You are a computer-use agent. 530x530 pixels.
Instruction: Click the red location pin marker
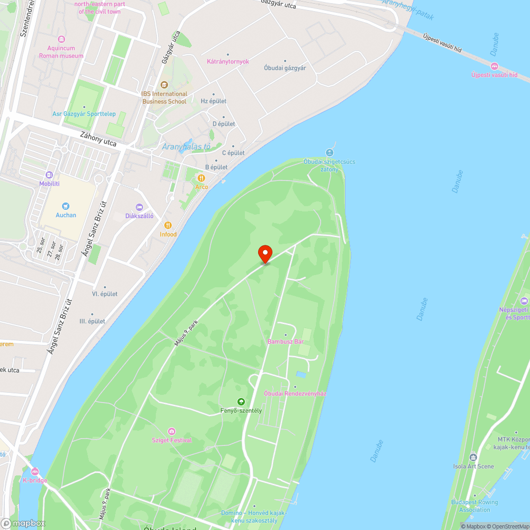[x=264, y=254]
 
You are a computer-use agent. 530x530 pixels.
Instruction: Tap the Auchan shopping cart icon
[x=66, y=206]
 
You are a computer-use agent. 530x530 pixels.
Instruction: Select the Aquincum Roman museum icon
[x=61, y=39]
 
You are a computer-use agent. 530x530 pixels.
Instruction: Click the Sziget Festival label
[x=172, y=440]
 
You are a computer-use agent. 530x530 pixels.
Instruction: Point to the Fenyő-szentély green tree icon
[x=241, y=402]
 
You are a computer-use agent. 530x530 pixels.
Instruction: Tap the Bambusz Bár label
[x=285, y=342]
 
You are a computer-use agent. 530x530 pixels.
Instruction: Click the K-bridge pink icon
[x=34, y=471]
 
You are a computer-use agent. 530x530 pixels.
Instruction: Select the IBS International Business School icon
[x=164, y=85]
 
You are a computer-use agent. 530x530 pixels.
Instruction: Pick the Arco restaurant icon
[x=201, y=178]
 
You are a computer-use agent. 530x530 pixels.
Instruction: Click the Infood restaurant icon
[x=168, y=225]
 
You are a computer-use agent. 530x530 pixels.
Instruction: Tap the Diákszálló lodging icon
[x=139, y=207]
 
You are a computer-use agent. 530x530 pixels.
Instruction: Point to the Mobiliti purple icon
[x=49, y=175]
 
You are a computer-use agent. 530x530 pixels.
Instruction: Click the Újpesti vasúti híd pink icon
[x=494, y=66]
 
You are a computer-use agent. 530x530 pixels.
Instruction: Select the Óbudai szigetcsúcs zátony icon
[x=329, y=153]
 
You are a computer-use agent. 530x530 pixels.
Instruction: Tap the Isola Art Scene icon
[x=473, y=457]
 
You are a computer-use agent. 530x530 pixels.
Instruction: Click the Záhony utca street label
[x=98, y=139]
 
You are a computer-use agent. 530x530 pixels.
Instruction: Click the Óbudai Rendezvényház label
[x=295, y=393]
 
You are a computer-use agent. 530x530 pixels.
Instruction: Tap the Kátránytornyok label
[x=227, y=61]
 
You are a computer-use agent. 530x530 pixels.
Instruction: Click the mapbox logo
[x=24, y=523]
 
